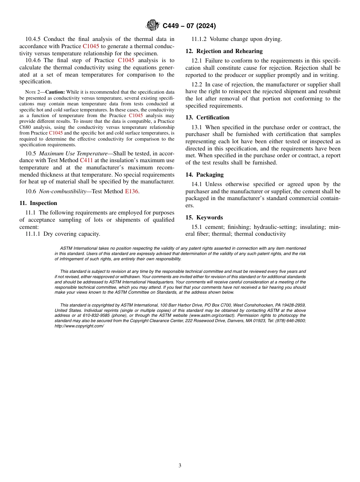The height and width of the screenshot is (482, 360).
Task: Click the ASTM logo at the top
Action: coord(153,26)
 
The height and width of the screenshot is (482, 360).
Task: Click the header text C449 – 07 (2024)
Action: coord(189,26)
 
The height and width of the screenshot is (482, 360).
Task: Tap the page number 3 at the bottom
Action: coord(180,466)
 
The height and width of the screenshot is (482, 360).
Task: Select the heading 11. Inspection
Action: coord(38,203)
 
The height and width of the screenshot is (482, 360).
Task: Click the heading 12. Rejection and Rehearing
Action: coord(224,51)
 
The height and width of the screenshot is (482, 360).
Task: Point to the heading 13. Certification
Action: coord(207,117)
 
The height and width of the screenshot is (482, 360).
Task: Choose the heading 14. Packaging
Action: coord(204,175)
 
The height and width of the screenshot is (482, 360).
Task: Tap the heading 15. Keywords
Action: coord(204,218)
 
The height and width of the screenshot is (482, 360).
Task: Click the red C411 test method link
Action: coord(86,160)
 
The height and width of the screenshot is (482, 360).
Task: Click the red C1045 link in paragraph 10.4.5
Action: coord(91,46)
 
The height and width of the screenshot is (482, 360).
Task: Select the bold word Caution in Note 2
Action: coord(55,92)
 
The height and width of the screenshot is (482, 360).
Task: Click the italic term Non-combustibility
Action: coord(62,191)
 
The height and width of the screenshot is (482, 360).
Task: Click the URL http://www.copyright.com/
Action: coord(79,326)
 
